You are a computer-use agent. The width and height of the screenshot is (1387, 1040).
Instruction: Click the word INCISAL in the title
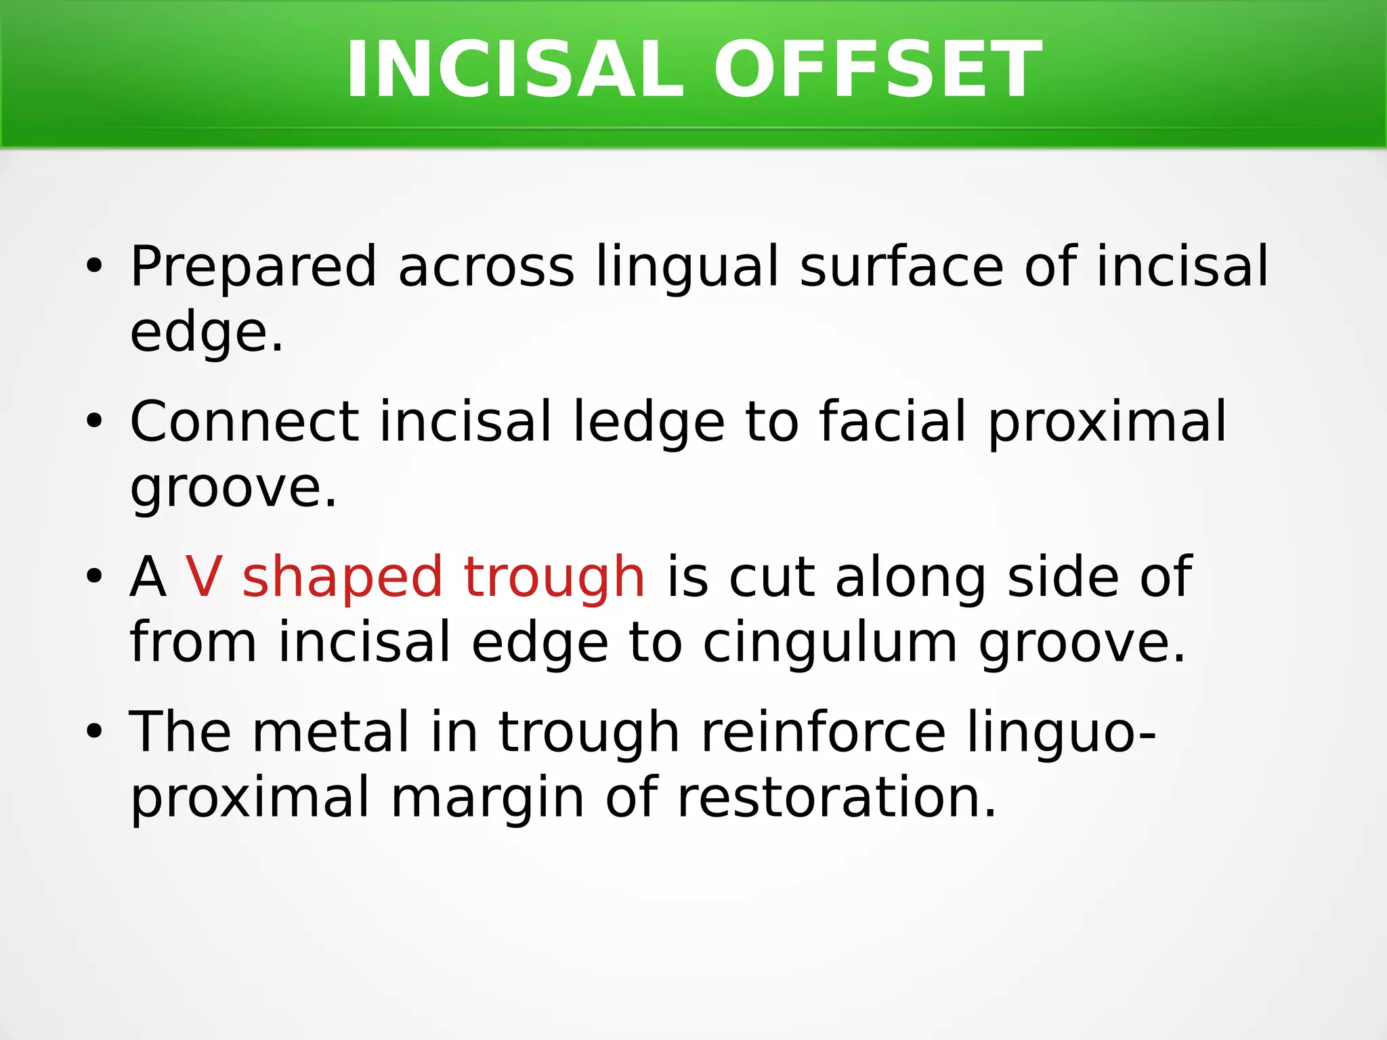515,70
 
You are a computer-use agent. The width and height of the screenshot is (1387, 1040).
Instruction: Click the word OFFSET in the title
878,70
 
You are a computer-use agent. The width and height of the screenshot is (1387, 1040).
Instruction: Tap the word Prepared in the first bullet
253,267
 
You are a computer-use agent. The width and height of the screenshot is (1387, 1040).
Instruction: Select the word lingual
687,267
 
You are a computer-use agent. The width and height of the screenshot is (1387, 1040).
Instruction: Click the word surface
901,267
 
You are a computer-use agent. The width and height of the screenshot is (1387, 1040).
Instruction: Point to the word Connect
244,422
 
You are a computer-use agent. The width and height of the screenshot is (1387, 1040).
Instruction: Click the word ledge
649,422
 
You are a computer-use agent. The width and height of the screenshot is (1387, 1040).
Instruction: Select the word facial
893,422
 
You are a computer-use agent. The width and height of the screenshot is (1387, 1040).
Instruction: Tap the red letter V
204,577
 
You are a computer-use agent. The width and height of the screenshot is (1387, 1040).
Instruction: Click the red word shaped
342,577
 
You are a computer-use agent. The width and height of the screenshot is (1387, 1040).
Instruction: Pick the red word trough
554,577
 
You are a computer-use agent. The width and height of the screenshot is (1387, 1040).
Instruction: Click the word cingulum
830,642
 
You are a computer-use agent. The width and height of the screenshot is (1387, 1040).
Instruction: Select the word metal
331,732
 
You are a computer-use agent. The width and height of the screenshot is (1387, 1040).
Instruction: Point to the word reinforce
823,732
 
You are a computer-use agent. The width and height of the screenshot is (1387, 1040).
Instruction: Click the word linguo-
1061,732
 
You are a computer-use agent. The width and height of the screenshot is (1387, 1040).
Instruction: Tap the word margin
487,797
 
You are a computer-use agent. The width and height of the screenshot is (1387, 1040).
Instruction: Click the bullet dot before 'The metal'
94,732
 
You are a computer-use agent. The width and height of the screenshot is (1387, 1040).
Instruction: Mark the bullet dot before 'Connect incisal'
94,422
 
